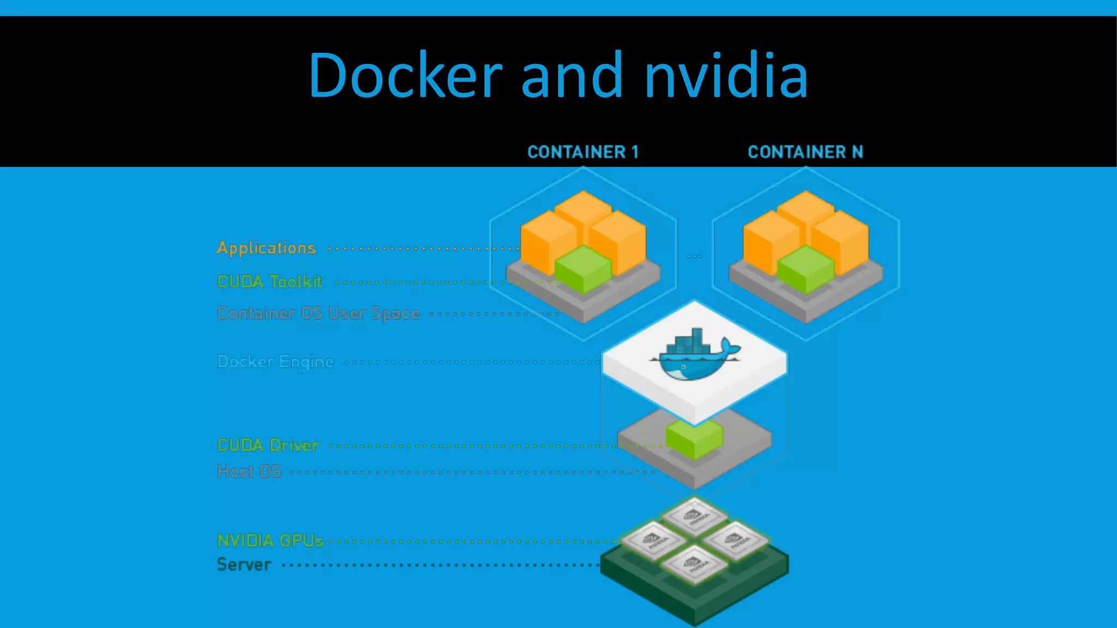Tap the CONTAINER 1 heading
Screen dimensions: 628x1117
pos(582,152)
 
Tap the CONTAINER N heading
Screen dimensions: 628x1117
pos(805,152)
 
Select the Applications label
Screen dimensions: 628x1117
pos(266,248)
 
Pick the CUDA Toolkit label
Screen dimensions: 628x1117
pos(269,282)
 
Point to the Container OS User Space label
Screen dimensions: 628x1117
pos(319,313)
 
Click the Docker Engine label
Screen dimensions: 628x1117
pos(275,361)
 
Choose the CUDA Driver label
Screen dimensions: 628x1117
pos(268,445)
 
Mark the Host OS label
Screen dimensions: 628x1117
pos(249,471)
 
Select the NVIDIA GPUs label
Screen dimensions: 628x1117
pos(270,541)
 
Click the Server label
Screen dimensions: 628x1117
pos(244,565)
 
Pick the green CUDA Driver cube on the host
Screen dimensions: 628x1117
pos(694,438)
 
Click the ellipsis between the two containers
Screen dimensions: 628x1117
pos(694,256)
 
